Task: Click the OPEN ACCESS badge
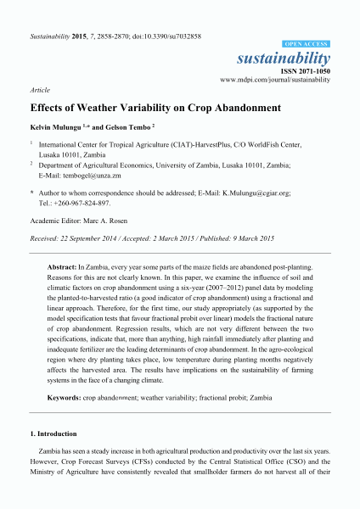pos(306,42)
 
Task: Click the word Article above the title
pos(39,88)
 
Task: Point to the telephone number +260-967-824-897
pos(87,204)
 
